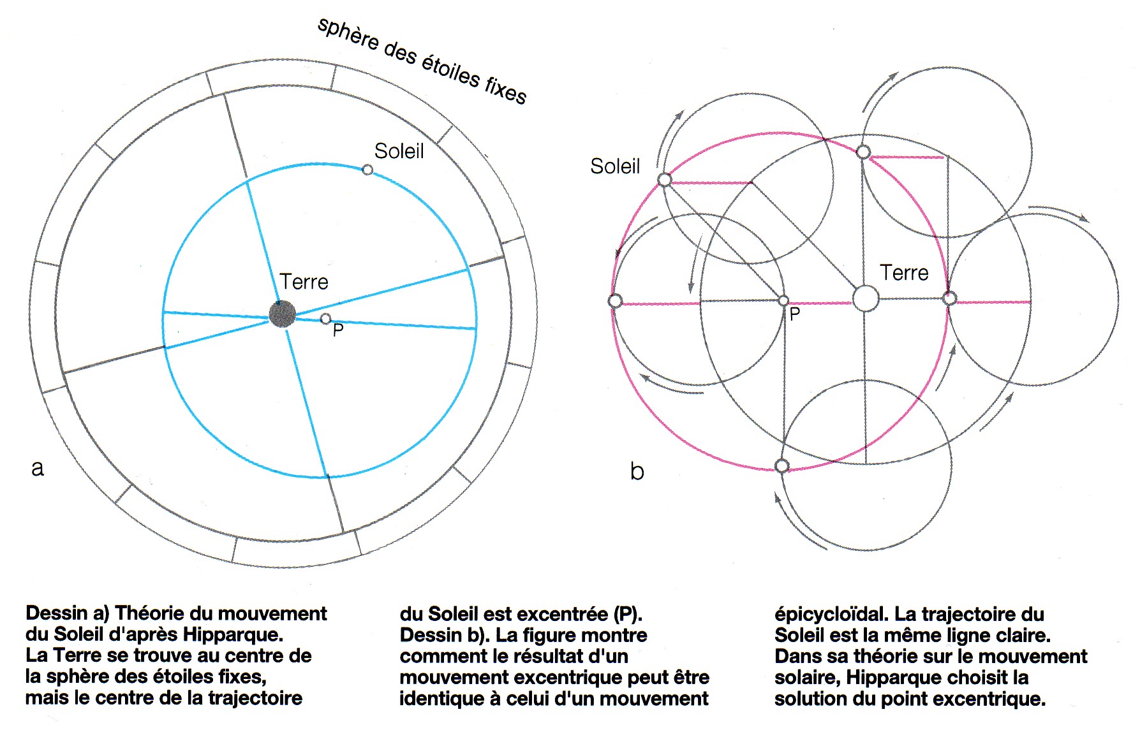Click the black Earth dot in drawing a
click(282, 314)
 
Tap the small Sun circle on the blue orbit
click(367, 170)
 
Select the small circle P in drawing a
click(325, 318)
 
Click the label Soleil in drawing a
click(399, 151)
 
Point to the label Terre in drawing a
click(304, 282)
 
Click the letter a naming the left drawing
click(38, 469)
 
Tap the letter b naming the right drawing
click(637, 471)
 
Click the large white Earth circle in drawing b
click(866, 298)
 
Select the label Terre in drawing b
click(904, 273)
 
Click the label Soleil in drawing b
click(615, 166)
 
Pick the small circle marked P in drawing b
click(784, 301)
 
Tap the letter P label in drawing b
click(795, 314)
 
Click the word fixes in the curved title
click(506, 90)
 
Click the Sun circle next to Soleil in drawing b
click(664, 180)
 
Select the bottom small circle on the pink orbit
click(782, 466)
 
